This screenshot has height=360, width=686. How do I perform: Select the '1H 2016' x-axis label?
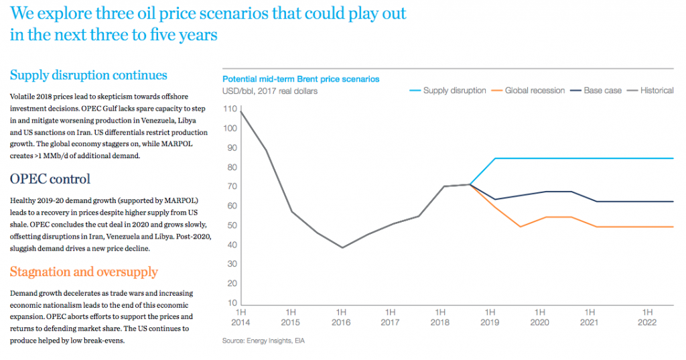coord(341,317)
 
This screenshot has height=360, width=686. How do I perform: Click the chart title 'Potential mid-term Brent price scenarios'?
coord(301,79)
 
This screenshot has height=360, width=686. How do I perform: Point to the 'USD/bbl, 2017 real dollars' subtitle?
coord(270,91)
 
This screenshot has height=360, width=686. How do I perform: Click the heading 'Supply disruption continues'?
coord(88,75)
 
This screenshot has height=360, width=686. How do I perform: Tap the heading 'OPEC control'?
coord(50,179)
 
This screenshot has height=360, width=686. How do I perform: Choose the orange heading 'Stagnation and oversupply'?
coord(84,272)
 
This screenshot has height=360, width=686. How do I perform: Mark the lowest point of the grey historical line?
coord(342,247)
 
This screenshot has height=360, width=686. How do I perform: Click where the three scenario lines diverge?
coord(470,184)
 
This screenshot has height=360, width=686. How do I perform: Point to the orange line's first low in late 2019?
coord(521,227)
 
